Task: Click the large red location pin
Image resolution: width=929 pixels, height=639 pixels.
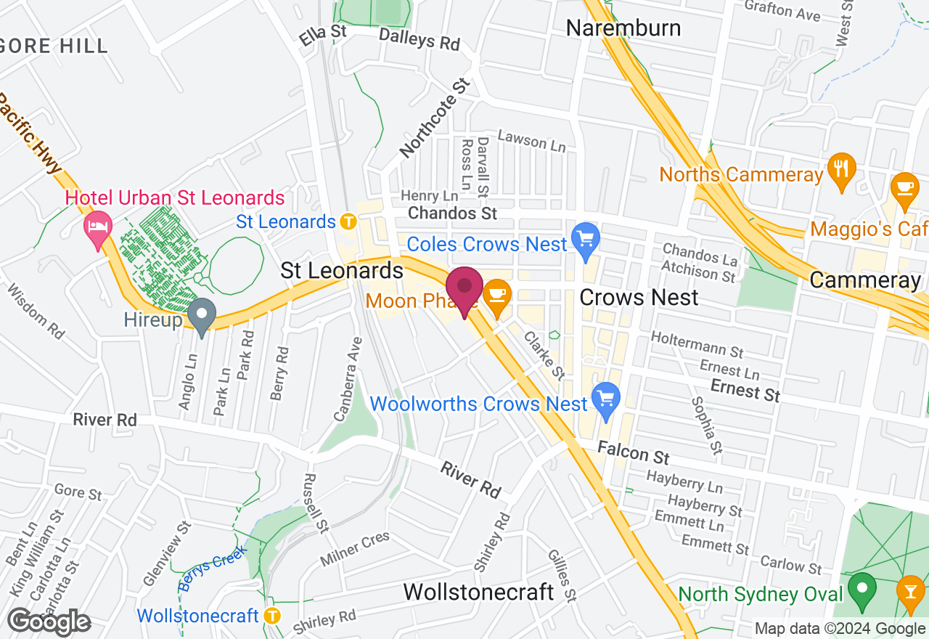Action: pyautogui.click(x=464, y=288)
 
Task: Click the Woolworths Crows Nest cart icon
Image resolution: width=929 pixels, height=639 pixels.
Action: pyautogui.click(x=605, y=399)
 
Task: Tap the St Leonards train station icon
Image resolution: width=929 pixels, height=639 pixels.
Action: pyautogui.click(x=348, y=221)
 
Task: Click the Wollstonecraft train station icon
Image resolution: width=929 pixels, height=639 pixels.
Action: pyautogui.click(x=272, y=615)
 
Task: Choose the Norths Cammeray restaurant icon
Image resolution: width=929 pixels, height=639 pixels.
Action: pyautogui.click(x=842, y=169)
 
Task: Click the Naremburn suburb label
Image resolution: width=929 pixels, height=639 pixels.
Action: pyautogui.click(x=623, y=28)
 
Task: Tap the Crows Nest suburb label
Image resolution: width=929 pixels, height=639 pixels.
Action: pyautogui.click(x=639, y=297)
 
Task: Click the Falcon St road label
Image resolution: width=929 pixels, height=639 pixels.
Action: pyautogui.click(x=633, y=454)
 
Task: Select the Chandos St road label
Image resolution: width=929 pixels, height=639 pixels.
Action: pyautogui.click(x=453, y=213)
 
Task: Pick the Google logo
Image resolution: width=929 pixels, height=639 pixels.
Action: pyautogui.click(x=49, y=622)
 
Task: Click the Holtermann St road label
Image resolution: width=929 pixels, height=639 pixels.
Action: pyautogui.click(x=697, y=346)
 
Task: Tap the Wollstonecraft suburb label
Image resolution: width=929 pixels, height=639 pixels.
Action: pyautogui.click(x=478, y=592)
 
